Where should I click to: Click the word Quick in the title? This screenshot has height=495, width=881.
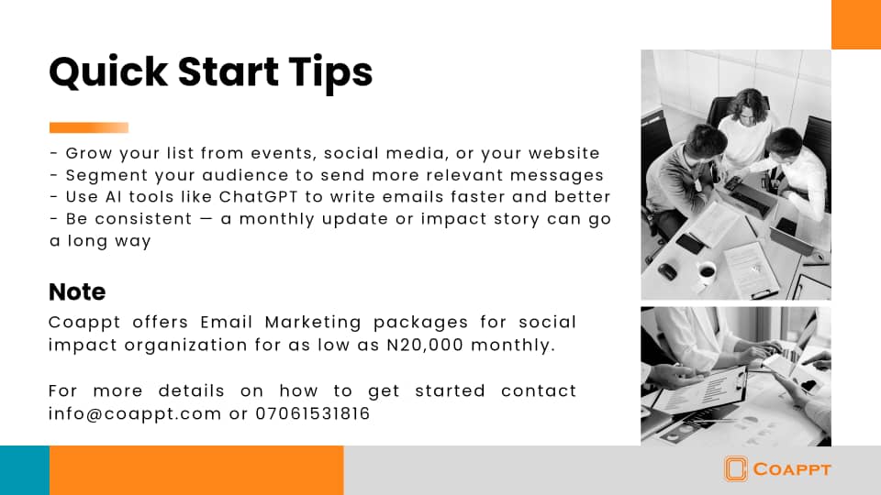(x=108, y=72)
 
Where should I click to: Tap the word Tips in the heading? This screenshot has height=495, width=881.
(x=330, y=73)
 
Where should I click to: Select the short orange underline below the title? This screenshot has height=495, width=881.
(x=89, y=128)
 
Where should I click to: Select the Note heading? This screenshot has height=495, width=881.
(x=77, y=291)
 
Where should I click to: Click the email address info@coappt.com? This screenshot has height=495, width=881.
(x=135, y=414)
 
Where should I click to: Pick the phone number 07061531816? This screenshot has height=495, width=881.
(x=313, y=413)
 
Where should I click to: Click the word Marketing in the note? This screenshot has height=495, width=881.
(x=313, y=323)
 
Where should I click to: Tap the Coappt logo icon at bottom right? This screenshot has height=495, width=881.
(x=735, y=468)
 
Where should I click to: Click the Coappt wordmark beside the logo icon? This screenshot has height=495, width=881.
(x=792, y=469)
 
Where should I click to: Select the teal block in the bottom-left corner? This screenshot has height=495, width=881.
(x=25, y=470)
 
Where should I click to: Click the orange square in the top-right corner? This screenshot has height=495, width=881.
(x=856, y=25)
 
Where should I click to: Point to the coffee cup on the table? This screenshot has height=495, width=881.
(x=706, y=271)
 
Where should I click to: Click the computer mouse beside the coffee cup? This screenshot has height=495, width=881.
(x=667, y=271)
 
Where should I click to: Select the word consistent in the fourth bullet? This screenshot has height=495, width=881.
(x=143, y=219)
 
